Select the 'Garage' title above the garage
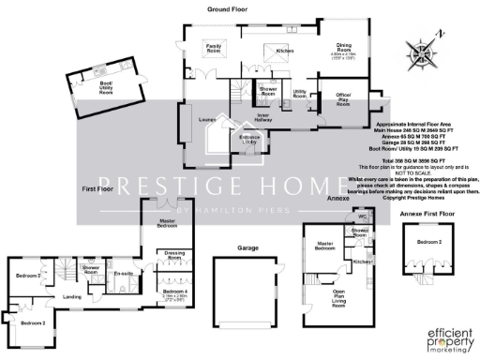(x=247, y=248)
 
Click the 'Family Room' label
(x=214, y=48)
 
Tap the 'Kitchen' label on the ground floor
(x=285, y=51)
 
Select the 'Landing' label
(x=71, y=297)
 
